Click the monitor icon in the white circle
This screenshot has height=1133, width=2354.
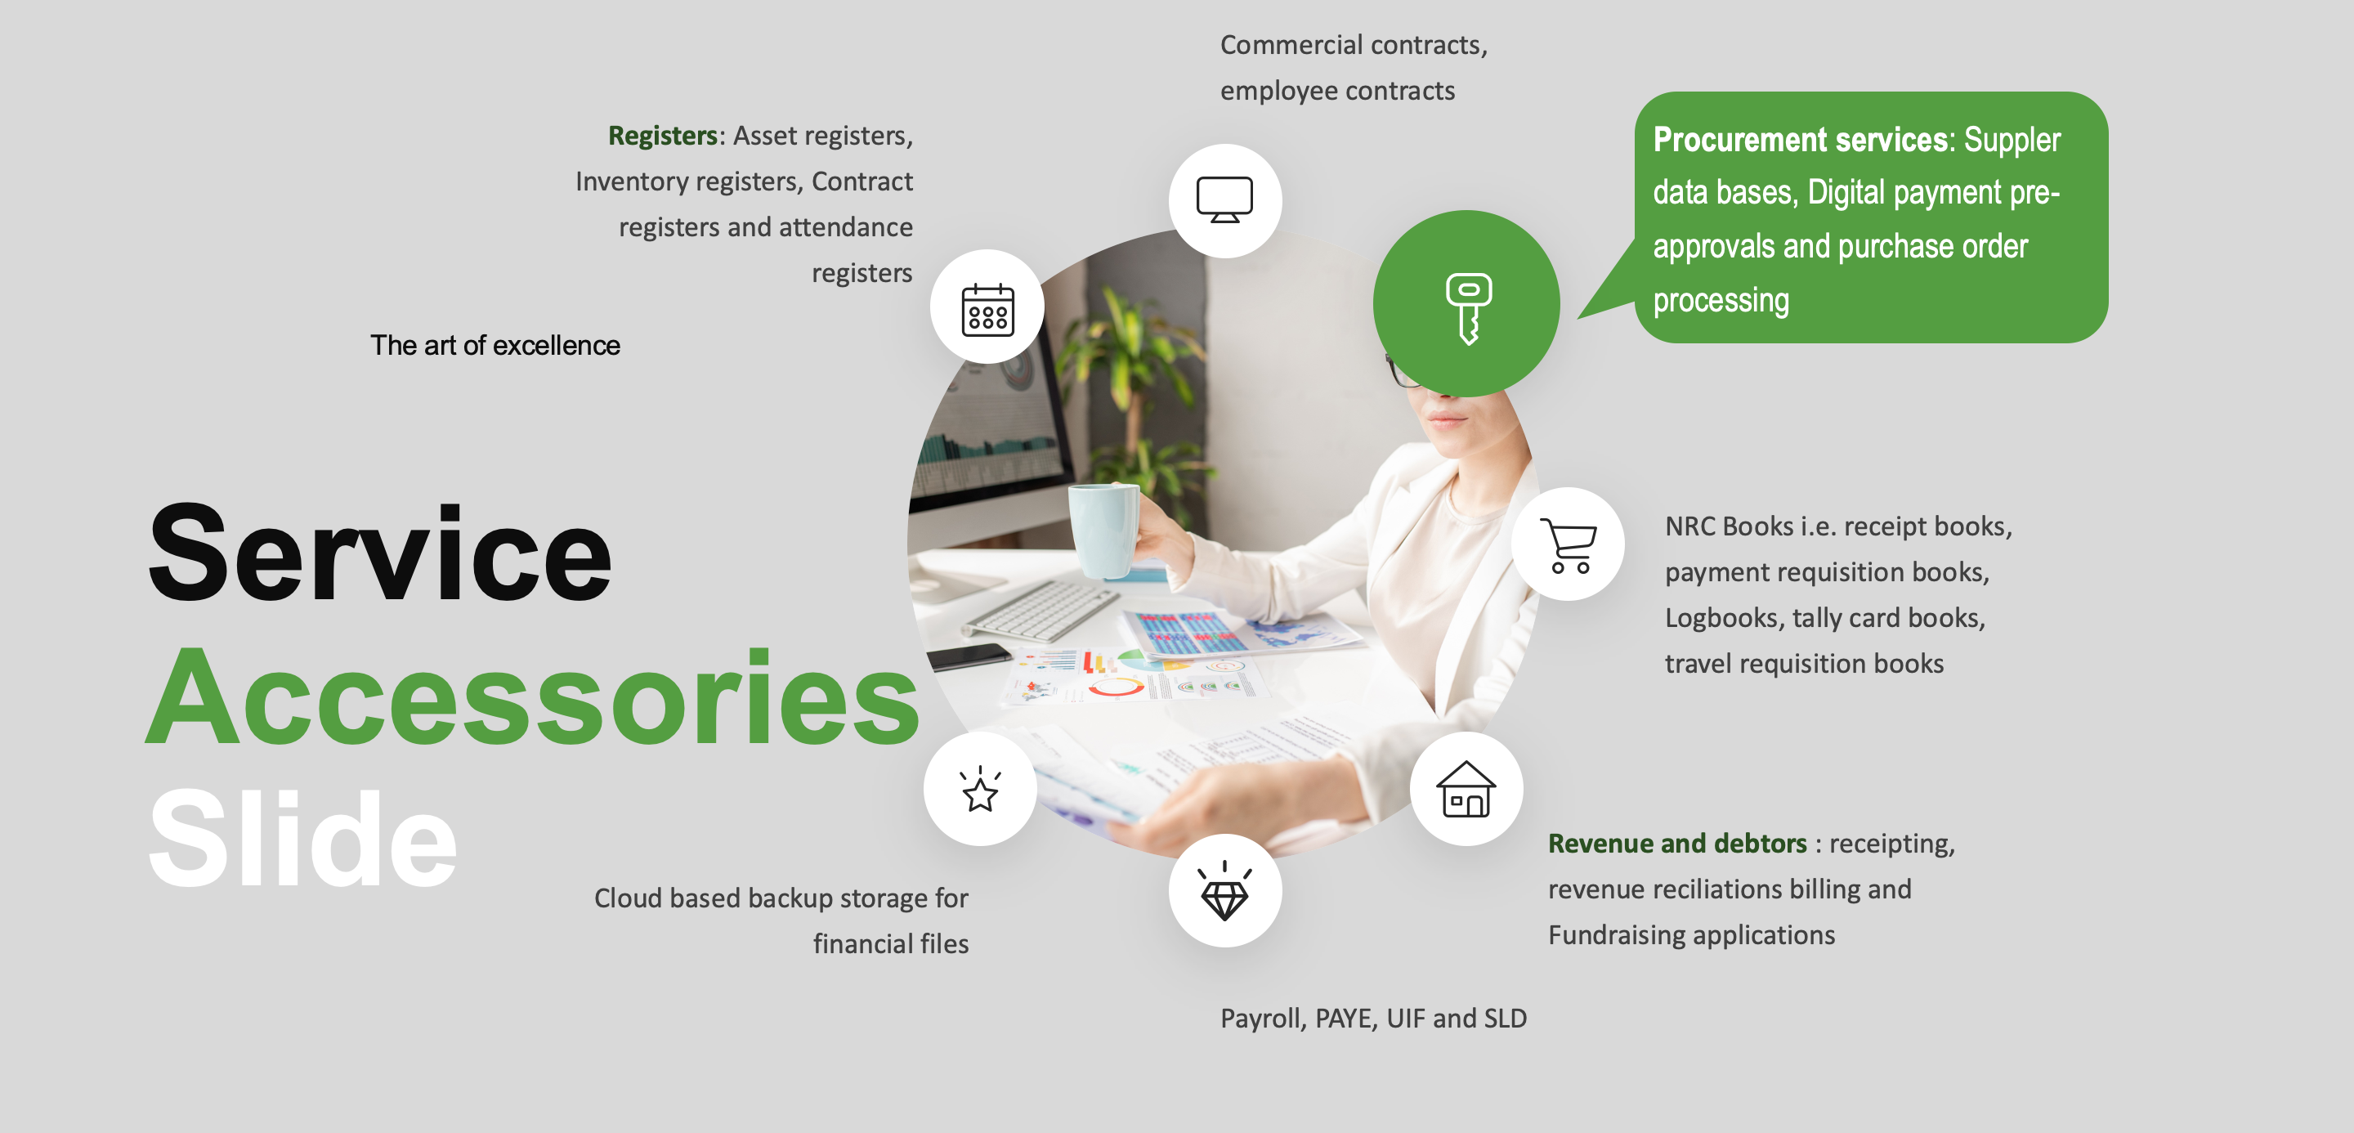click(1224, 200)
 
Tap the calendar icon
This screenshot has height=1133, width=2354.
click(988, 309)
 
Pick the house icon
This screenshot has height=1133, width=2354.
click(1466, 789)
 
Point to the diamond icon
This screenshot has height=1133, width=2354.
click(1224, 890)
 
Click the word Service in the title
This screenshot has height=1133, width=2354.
click(380, 553)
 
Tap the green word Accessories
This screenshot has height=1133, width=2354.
click(533, 696)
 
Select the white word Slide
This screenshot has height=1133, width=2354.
click(302, 838)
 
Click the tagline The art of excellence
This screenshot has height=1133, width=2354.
click(495, 346)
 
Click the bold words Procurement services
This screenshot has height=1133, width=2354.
click(1800, 140)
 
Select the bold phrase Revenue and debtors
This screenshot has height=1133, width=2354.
click(1677, 844)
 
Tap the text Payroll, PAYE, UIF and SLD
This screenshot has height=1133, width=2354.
click(1373, 1018)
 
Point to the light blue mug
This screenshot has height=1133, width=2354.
click(1104, 531)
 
